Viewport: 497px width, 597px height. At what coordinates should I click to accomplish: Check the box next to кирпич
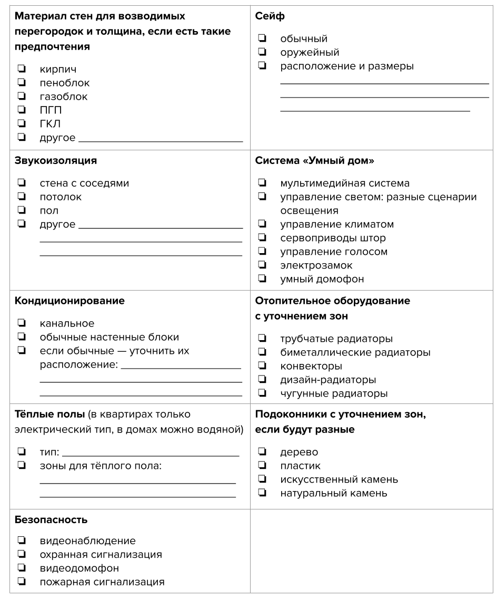coord(22,69)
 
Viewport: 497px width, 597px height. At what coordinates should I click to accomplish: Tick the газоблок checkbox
coord(22,97)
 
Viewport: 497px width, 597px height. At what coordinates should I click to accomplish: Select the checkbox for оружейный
coord(262,52)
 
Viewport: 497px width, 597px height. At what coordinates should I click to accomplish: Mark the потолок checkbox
coord(22,197)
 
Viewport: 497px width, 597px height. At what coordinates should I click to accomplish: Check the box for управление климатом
coord(262,224)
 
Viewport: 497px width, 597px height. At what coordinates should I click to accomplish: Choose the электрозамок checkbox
coord(262,265)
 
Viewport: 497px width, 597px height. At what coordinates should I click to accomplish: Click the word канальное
coord(67,323)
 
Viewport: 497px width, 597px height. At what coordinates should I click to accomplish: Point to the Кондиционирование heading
coord(69,301)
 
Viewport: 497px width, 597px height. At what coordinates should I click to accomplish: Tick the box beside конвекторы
coord(262,365)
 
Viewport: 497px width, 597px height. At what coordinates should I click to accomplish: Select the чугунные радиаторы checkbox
coord(262,393)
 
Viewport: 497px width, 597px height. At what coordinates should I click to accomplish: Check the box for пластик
coord(262,466)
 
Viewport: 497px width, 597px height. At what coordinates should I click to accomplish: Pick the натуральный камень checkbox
coord(262,493)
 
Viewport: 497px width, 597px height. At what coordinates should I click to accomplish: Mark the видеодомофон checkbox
coord(22,568)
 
